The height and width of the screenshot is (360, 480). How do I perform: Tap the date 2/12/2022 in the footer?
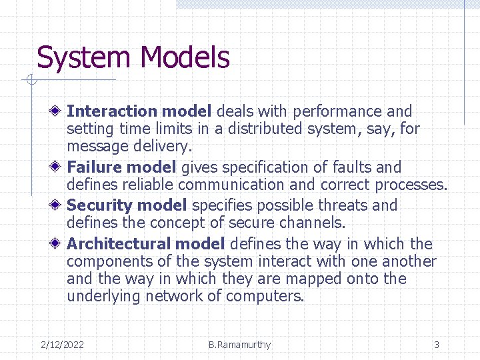[x=62, y=345]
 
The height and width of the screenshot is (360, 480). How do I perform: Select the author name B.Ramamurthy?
[x=239, y=345]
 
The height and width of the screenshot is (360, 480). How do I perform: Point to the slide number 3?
[x=437, y=345]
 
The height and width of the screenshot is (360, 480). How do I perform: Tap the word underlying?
[x=104, y=296]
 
